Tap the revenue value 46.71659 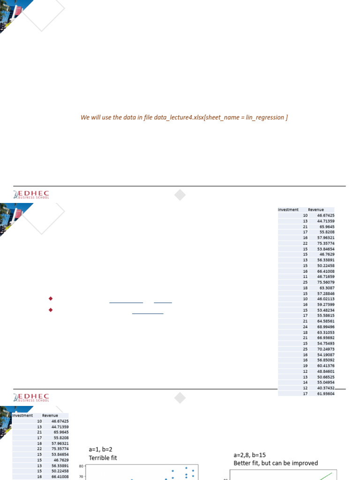[326, 277]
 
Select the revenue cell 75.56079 [326, 283]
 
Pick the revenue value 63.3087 [327, 288]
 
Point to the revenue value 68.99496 [326, 327]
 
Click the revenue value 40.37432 [326, 388]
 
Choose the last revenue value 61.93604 [326, 394]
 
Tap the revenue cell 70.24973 [326, 349]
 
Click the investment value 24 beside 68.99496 [305, 327]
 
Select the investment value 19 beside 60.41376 [305, 366]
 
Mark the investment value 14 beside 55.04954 [305, 382]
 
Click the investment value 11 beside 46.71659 [305, 277]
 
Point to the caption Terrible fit [103, 457]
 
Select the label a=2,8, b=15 [249, 455]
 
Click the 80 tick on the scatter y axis [81, 466]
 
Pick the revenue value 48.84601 [326, 371]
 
